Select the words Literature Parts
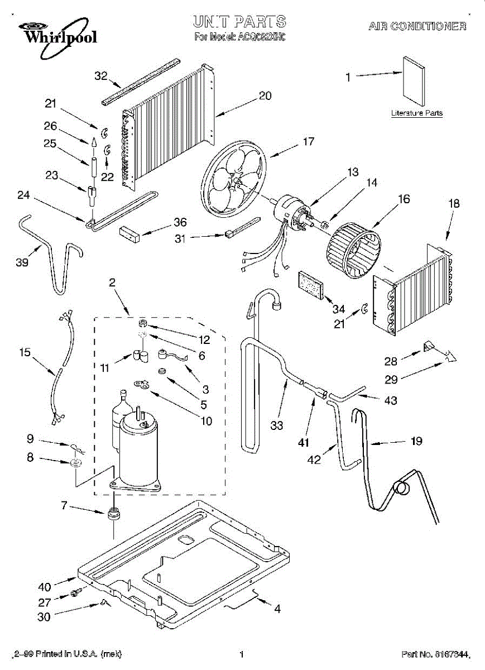(x=416, y=113)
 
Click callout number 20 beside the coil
(x=265, y=95)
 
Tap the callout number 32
(x=100, y=76)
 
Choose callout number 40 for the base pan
(x=44, y=587)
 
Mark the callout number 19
(x=416, y=441)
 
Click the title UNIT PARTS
(x=240, y=22)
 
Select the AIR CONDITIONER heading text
(x=417, y=26)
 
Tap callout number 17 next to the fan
(x=309, y=142)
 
